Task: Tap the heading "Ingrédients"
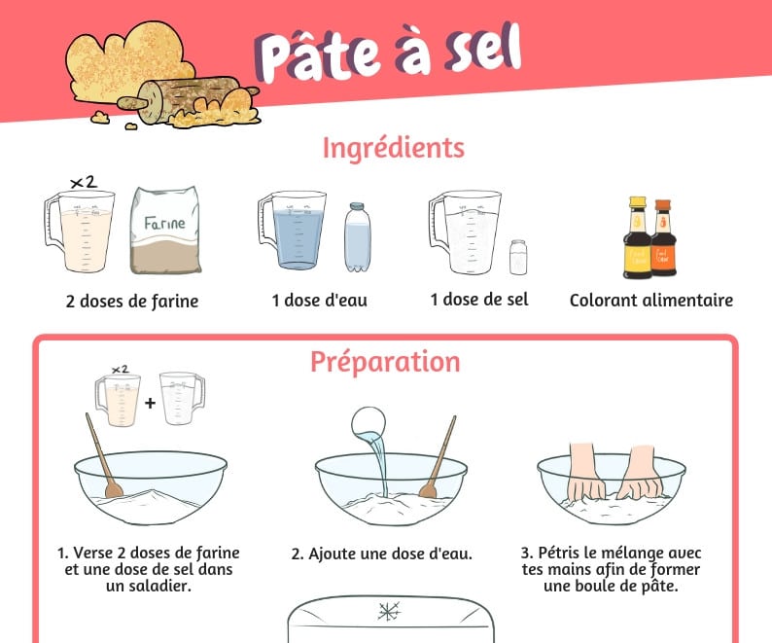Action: click(394, 148)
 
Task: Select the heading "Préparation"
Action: click(385, 363)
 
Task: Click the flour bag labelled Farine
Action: click(166, 231)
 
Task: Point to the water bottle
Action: click(358, 237)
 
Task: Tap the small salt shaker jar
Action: click(518, 257)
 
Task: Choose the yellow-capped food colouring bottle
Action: click(638, 238)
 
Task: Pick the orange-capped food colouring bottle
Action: click(664, 237)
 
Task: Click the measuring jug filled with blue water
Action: click(293, 231)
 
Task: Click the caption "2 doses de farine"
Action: click(132, 301)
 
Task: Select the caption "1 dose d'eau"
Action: click(320, 300)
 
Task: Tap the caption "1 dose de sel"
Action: click(479, 300)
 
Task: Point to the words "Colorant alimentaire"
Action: click(651, 300)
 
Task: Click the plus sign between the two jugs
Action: click(150, 403)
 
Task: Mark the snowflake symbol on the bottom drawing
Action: click(389, 611)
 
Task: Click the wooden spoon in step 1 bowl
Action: click(104, 456)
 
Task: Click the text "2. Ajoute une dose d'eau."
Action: click(381, 554)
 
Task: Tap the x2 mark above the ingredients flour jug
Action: click(84, 182)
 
